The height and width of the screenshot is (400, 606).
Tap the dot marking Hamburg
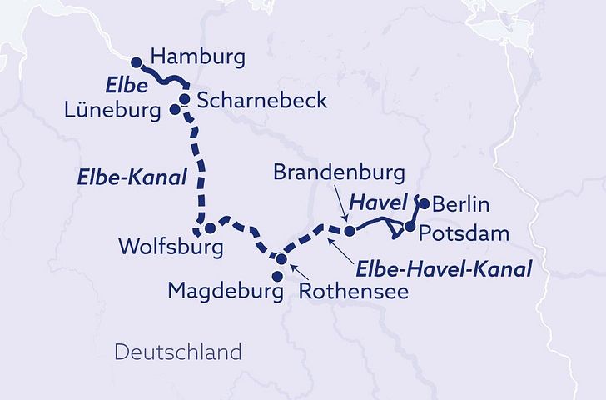click(138, 61)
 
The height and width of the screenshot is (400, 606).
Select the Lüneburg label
click(115, 109)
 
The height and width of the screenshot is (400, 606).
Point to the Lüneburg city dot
click(175, 109)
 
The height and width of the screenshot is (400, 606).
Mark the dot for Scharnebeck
click(184, 99)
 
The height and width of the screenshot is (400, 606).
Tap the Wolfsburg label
click(171, 247)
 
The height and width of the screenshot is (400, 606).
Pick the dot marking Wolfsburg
click(211, 227)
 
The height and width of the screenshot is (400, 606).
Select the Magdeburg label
click(220, 291)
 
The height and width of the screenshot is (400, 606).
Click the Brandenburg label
click(339, 173)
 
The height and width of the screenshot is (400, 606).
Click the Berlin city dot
click(424, 203)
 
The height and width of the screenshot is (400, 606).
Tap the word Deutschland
click(177, 352)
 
